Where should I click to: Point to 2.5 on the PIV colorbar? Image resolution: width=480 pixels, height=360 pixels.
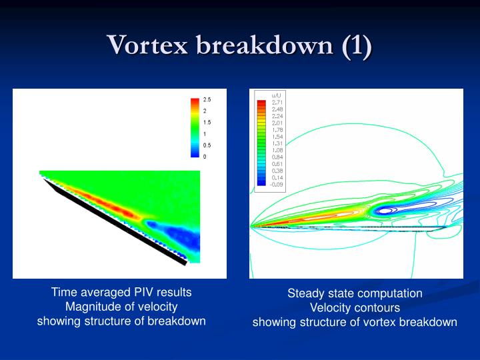207,99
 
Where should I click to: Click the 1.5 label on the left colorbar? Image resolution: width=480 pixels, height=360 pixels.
207,122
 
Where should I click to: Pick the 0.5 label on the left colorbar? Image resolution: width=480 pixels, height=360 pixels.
207,145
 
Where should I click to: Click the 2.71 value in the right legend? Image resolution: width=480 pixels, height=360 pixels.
277,103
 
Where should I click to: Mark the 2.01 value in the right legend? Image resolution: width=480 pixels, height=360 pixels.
277,123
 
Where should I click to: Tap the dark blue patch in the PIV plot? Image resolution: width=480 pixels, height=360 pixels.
180,237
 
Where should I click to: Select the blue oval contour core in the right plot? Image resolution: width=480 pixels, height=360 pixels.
385,211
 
